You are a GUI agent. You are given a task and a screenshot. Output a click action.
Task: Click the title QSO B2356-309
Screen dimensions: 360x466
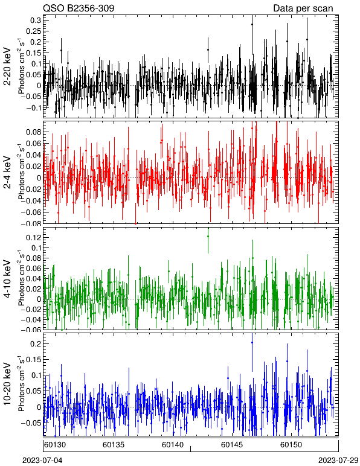[79, 8]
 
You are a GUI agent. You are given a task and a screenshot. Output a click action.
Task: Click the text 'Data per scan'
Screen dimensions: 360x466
[303, 8]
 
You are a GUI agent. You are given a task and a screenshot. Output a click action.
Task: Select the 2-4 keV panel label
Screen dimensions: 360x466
[7, 173]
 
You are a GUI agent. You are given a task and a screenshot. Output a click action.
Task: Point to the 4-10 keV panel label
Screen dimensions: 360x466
[7, 278]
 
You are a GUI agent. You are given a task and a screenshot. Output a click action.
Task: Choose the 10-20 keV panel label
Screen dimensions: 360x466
[7, 384]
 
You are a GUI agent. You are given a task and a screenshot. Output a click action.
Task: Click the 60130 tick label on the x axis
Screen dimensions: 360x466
[56, 445]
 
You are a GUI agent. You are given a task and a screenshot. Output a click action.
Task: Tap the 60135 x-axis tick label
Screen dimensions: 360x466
[114, 445]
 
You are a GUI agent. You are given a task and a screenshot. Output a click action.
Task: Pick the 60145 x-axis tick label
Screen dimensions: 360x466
[232, 445]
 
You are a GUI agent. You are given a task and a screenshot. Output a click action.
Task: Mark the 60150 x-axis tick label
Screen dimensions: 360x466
[291, 445]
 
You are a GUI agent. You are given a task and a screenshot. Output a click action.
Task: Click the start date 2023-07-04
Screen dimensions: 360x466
[42, 461]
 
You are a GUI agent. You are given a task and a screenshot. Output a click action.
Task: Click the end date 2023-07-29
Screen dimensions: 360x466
[338, 461]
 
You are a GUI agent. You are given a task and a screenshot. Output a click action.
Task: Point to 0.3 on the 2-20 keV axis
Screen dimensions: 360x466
[36, 20]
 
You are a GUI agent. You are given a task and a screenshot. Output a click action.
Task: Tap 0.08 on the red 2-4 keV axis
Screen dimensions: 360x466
[33, 132]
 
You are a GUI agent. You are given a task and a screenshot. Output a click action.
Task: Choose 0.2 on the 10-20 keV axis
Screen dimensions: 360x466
[36, 344]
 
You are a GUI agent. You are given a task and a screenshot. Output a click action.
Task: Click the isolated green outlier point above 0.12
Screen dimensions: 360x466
[208, 236]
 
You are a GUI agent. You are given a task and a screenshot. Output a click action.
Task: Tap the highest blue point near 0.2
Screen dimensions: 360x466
[252, 342]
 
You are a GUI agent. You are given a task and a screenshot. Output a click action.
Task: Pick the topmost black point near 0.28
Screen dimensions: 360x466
[252, 24]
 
